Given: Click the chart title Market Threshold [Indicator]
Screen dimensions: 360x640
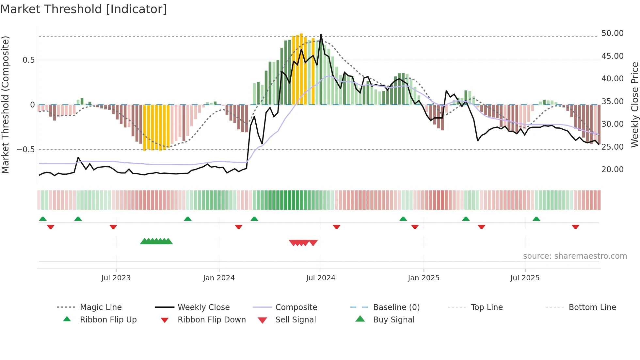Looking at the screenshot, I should (x=84, y=9).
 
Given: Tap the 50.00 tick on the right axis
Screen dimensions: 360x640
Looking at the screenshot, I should (x=612, y=33).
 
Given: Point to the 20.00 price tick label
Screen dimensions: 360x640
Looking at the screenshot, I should (x=612, y=170).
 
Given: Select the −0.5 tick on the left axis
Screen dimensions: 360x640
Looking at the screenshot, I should (x=25, y=150).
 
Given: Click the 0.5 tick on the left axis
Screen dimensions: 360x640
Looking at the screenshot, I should (x=28, y=60).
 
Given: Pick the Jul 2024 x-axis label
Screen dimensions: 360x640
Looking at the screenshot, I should (x=321, y=278).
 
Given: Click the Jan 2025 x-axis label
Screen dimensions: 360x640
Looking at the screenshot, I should (x=424, y=278).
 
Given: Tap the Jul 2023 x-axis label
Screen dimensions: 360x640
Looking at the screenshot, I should (x=116, y=278).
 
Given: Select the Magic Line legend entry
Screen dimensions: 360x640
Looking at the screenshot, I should (x=101, y=307).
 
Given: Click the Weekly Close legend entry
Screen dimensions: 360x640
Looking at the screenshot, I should (x=203, y=307).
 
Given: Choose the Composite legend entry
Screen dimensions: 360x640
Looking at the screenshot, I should (x=296, y=307).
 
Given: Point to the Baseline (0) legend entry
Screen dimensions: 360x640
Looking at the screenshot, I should (x=396, y=307).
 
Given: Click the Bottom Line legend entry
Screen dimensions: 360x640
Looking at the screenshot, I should (x=592, y=307).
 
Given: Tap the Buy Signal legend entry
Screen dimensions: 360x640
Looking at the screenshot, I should (x=393, y=320).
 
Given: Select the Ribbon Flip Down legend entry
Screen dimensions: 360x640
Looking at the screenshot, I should (x=212, y=320).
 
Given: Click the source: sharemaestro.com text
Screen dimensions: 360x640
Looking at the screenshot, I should (x=575, y=256).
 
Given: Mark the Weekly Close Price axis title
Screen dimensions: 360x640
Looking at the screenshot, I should (x=634, y=105).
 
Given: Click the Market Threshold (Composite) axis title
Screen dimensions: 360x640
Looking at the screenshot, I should (x=5, y=105).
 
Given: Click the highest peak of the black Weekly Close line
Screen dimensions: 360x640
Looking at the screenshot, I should (x=321, y=34).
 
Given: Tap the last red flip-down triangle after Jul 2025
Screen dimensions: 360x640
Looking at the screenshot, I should (x=575, y=227).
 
